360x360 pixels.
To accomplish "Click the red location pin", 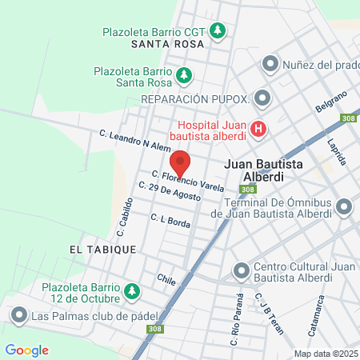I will [x=180, y=163].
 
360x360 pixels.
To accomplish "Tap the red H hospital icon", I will [x=258, y=128].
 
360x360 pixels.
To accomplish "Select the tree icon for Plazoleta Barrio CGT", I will [x=218, y=32].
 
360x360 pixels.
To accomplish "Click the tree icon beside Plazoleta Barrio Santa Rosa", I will [x=184, y=75].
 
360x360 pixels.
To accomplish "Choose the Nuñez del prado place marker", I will [x=270, y=63].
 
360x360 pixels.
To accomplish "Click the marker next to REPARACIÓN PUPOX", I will [x=263, y=98].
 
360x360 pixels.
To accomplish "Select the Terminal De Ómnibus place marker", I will [x=345, y=207].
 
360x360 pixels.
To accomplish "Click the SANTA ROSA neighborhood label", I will [x=170, y=46].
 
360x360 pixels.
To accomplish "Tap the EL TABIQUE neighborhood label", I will [x=102, y=250].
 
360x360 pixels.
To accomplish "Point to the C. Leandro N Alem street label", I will [x=134, y=141].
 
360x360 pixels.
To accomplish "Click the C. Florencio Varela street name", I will [x=188, y=181].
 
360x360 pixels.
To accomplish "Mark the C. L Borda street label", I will [x=170, y=221].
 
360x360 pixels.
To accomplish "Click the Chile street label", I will [x=166, y=280].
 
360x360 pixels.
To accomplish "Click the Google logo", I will [x=26, y=350].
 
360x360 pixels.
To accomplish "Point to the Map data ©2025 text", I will [x=326, y=354].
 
